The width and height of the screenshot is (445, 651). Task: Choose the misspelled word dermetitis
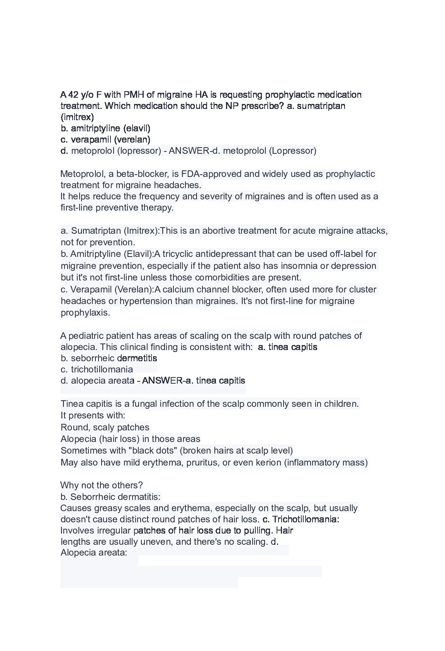point(137,359)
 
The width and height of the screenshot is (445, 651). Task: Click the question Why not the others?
point(102,486)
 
